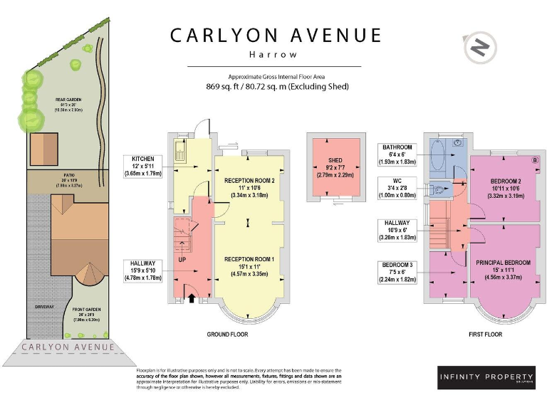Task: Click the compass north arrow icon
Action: [480, 48]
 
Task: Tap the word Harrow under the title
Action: [273, 53]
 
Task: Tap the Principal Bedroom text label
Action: [503, 263]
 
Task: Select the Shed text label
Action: [335, 161]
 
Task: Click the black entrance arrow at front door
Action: [190, 298]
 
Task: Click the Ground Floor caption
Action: [227, 334]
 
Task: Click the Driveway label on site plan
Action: [44, 307]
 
